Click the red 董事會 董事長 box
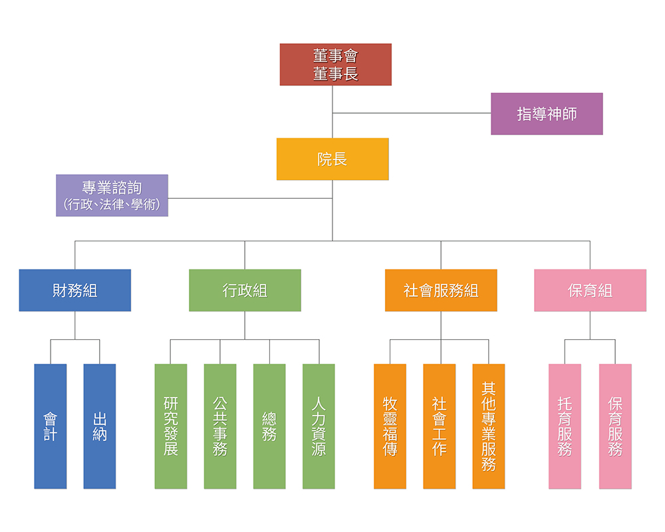point(335,65)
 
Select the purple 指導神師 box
point(547,114)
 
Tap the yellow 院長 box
point(332,159)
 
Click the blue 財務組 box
point(74,290)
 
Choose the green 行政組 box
point(245,290)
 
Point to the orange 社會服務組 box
point(441,290)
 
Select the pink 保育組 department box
point(590,290)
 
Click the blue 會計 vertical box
point(51,426)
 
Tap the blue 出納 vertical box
point(100,426)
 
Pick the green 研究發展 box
point(171,426)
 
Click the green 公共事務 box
point(220,426)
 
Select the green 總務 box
point(269,426)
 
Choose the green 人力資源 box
point(319,426)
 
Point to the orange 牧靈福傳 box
point(390,426)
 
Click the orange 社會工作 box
point(440,426)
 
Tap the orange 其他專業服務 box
point(489,426)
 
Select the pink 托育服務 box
point(565,426)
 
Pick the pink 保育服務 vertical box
point(615,426)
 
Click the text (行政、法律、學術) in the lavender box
point(112,205)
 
